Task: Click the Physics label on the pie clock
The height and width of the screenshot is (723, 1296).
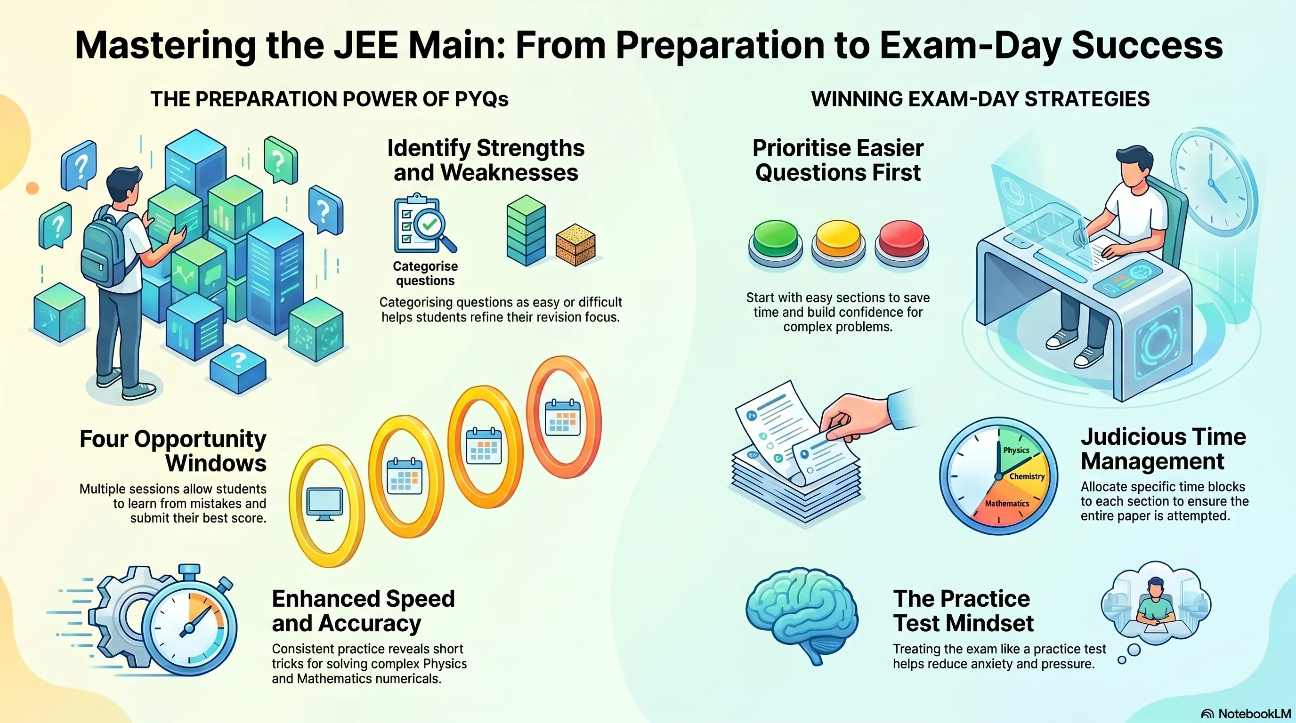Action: coord(1016,450)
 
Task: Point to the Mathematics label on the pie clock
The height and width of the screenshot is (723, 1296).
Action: coord(1007,503)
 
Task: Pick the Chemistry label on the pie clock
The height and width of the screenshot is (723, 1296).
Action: coord(1027,476)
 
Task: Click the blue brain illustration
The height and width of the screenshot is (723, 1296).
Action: coord(802,616)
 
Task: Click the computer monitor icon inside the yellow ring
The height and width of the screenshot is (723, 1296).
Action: coord(325,504)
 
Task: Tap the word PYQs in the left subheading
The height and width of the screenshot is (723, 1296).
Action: coord(481,99)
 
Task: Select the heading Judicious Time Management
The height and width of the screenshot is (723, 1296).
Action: coord(1163,449)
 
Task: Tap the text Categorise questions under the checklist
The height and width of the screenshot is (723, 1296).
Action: coord(425,273)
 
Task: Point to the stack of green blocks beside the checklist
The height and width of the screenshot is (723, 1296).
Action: coord(526,230)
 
